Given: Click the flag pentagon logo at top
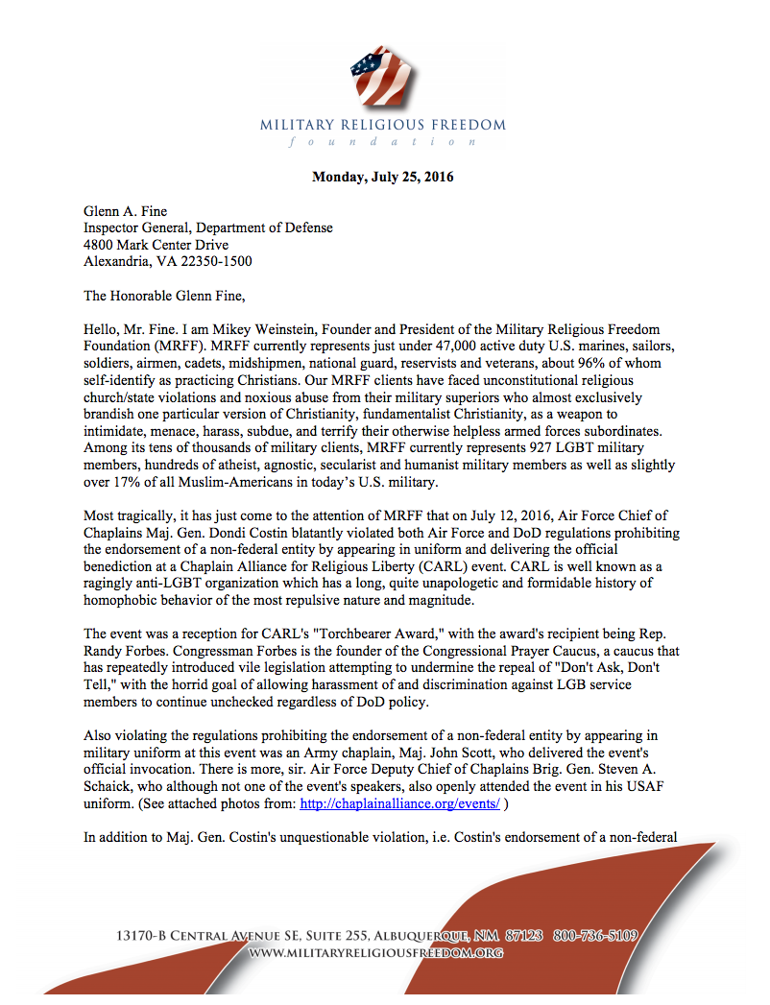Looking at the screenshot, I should [383, 78].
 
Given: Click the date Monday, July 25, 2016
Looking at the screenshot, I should [383, 177].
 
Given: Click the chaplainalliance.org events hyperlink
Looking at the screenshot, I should [398, 803].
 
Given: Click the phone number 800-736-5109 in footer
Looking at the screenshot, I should [595, 935].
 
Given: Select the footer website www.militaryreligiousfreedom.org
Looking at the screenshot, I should [375, 952].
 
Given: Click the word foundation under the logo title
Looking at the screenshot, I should [383, 141].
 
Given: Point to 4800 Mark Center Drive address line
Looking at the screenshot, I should [156, 245].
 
